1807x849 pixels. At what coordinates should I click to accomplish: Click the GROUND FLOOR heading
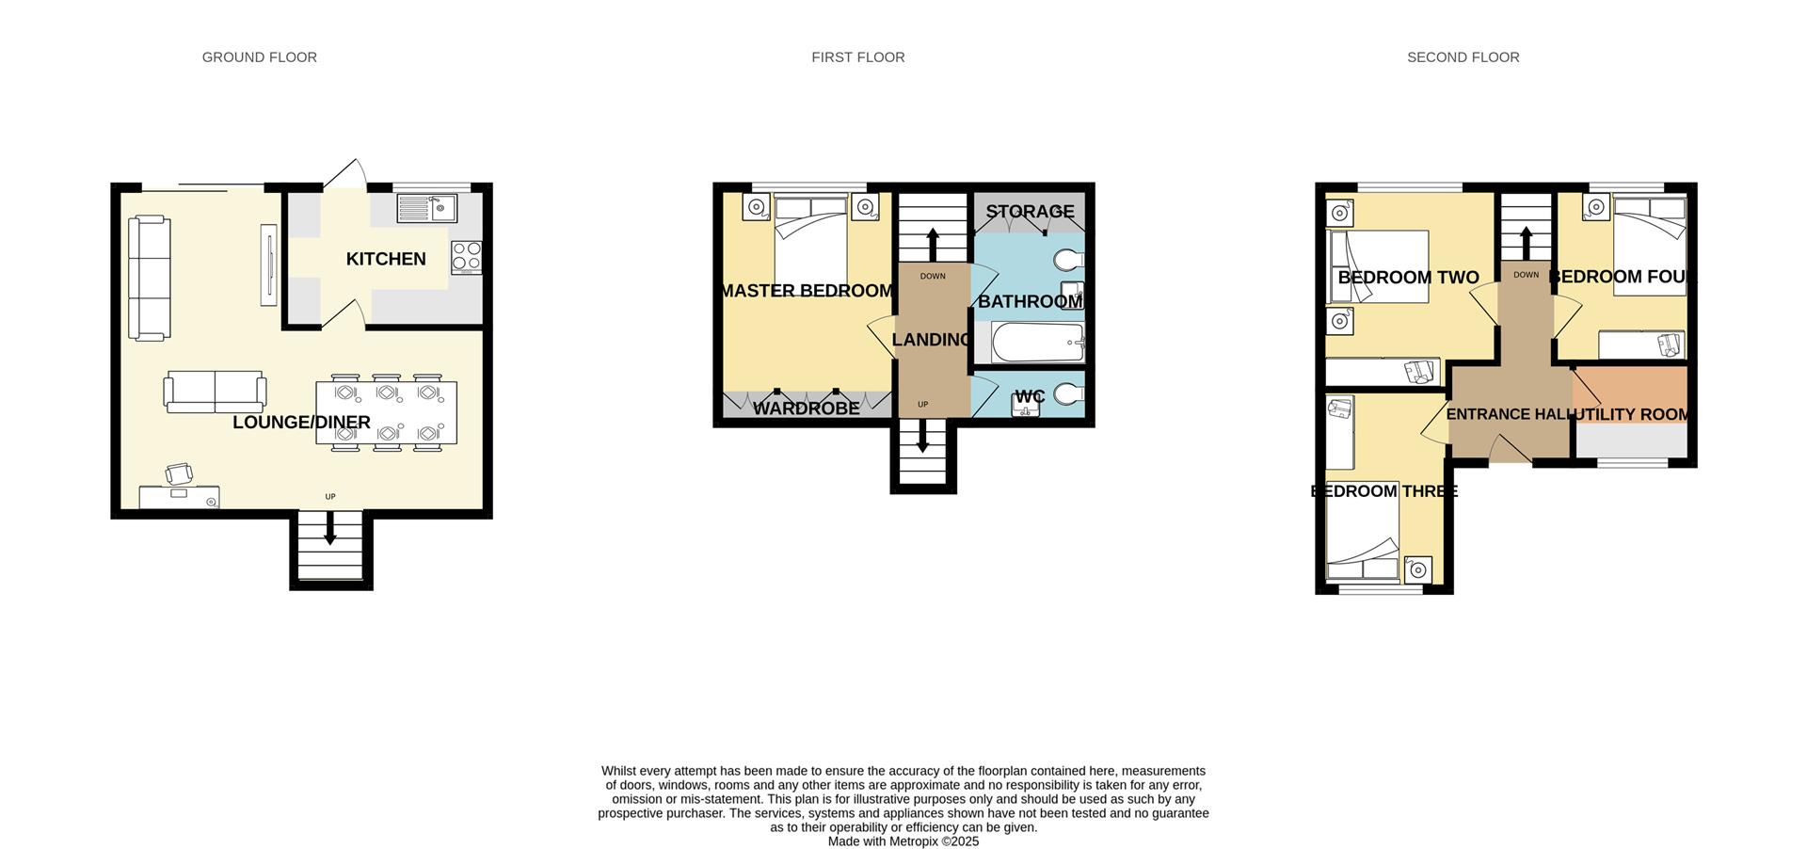[x=259, y=57]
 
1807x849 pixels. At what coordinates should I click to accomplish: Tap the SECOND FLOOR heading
[x=1463, y=57]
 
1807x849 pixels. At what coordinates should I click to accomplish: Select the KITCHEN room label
[x=386, y=259]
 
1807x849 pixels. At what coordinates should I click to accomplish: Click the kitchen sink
[x=426, y=208]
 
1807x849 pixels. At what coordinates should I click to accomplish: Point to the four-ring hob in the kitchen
[x=467, y=257]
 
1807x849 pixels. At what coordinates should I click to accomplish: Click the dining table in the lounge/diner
[x=386, y=412]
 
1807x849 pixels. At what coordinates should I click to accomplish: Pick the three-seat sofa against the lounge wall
[x=149, y=278]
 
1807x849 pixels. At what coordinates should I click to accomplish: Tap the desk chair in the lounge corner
[x=180, y=474]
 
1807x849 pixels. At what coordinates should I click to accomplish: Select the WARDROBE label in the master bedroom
[x=806, y=408]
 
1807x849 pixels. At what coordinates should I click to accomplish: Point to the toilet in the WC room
[x=1068, y=394]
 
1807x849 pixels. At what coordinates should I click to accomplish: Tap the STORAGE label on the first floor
[x=1030, y=212]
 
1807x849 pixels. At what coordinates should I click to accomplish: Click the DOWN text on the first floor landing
[x=933, y=277]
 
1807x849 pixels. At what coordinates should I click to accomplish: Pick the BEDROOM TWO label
[x=1408, y=278]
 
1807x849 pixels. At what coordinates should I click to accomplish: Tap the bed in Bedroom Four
[x=1649, y=245]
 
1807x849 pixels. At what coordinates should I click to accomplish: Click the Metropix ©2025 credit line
[x=903, y=841]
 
